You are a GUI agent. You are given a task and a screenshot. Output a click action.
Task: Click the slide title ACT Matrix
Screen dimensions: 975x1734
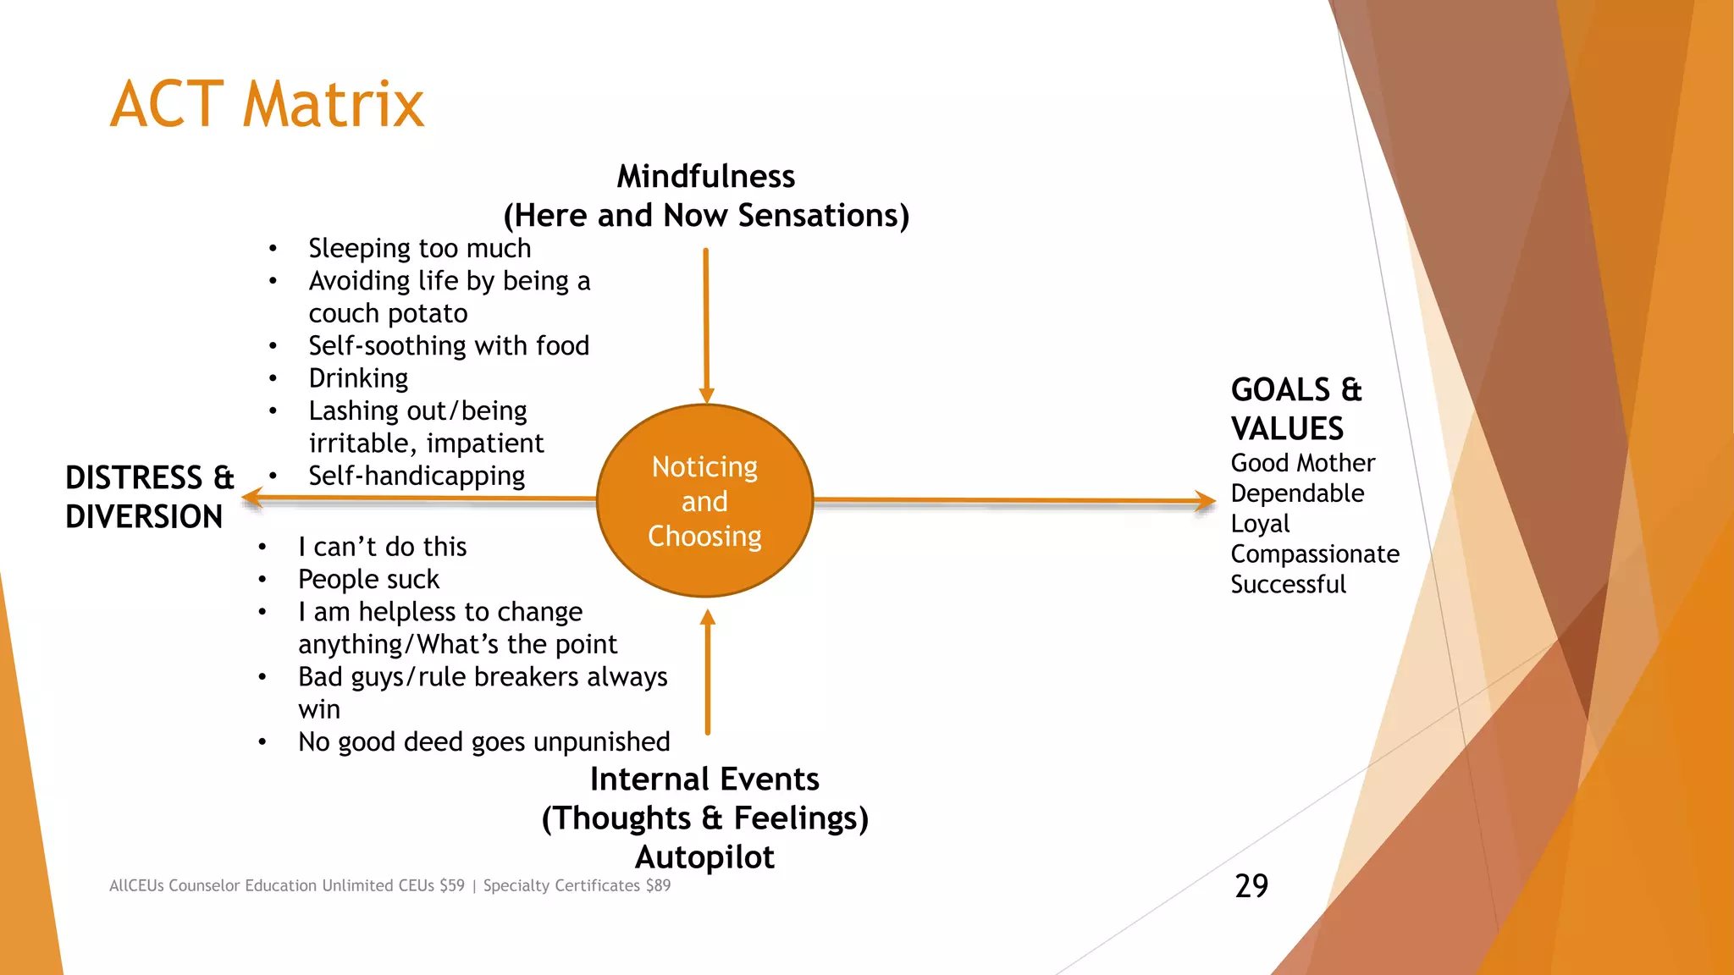(x=267, y=105)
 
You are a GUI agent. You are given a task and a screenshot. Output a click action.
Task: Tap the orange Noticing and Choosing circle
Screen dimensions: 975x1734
(x=704, y=501)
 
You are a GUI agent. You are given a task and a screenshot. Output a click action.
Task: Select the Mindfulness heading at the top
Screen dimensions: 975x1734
(x=705, y=177)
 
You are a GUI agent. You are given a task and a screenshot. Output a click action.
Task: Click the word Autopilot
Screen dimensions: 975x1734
(x=704, y=857)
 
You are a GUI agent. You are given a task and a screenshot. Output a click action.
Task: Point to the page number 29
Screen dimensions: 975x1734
(x=1251, y=886)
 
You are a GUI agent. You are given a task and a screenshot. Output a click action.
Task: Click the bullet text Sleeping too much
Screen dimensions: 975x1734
(x=419, y=249)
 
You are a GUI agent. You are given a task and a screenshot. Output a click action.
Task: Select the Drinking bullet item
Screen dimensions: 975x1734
(x=358, y=378)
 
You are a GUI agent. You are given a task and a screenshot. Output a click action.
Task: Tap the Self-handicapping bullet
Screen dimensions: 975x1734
(x=417, y=476)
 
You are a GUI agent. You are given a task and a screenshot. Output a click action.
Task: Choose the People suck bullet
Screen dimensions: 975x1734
(x=368, y=580)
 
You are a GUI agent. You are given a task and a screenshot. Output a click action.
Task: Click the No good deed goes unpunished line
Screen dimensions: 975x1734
(x=483, y=742)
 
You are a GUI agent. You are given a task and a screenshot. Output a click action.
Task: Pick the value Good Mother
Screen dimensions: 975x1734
(x=1302, y=464)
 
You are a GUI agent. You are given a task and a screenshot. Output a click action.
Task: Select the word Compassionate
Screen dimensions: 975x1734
(x=1314, y=554)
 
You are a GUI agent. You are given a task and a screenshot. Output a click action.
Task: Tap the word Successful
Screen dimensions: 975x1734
(x=1288, y=585)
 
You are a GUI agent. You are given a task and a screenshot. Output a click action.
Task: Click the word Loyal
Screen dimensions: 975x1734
(x=1260, y=524)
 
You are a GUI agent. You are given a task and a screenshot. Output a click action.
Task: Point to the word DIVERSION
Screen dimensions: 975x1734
(x=144, y=517)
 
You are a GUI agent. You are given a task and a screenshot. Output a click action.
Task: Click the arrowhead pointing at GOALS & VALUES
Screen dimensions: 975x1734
(x=1206, y=501)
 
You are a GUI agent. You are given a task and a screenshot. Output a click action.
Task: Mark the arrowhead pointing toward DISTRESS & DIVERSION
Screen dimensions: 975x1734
(x=251, y=499)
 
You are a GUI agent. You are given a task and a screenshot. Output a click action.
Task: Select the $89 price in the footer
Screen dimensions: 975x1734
(x=658, y=886)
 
